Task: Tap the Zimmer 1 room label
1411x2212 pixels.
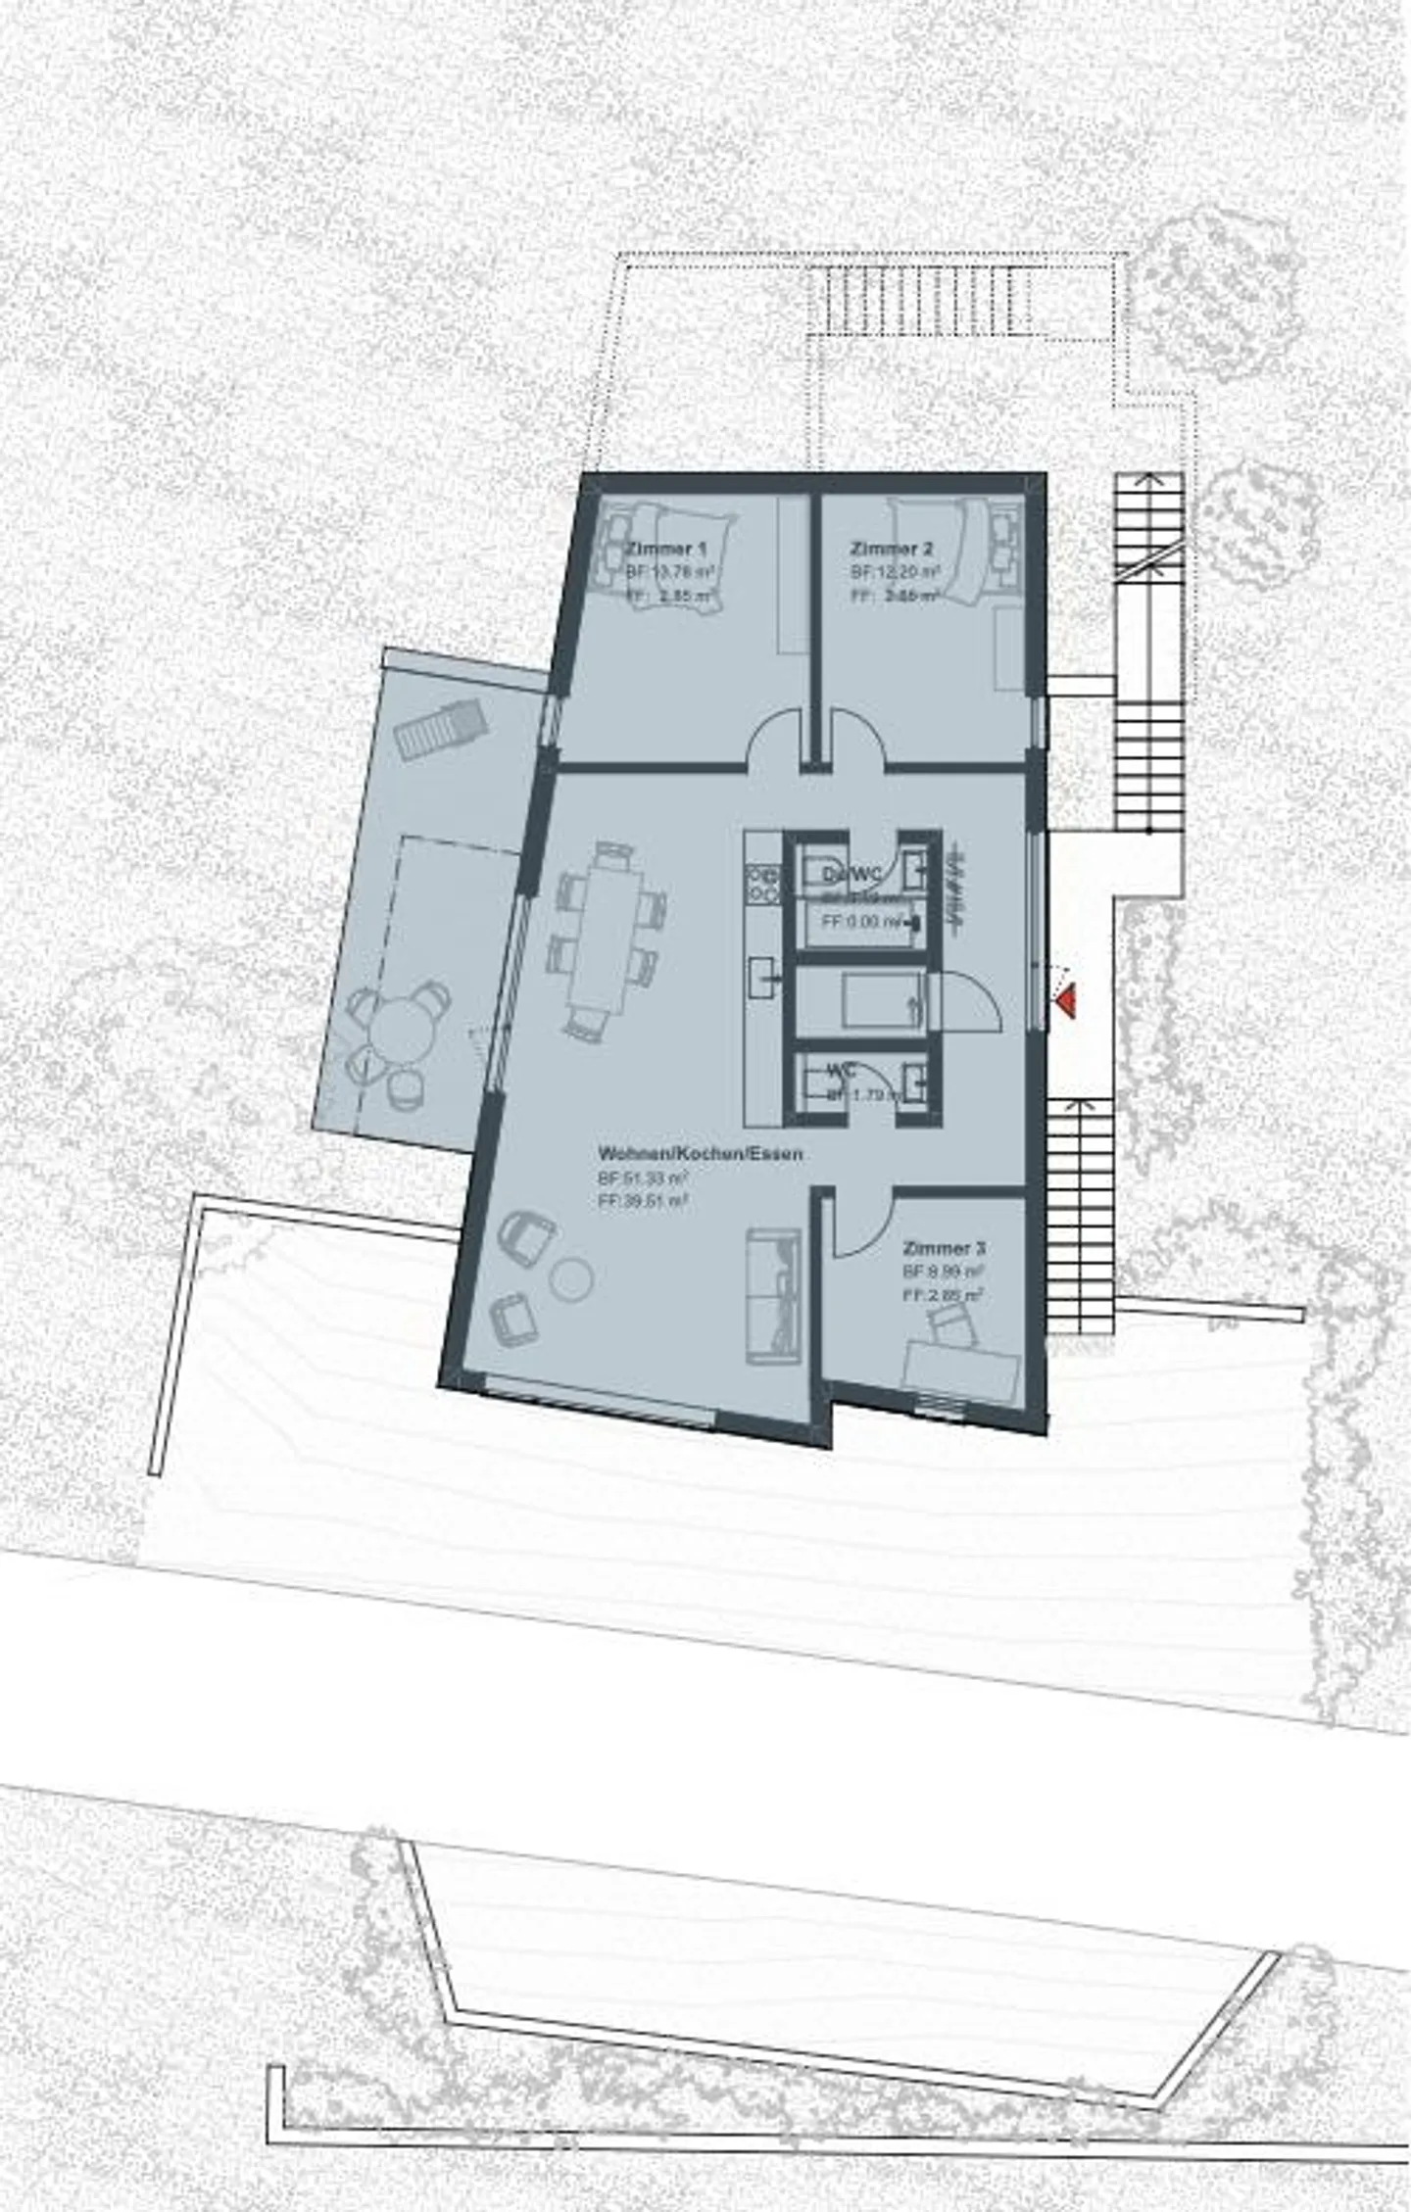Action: point(665,549)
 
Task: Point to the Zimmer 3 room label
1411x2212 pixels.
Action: point(944,1249)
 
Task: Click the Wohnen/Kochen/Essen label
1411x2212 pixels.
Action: point(700,1154)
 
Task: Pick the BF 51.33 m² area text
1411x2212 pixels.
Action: point(642,1178)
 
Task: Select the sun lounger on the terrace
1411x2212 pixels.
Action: point(441,726)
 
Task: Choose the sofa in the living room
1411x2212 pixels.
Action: point(774,1296)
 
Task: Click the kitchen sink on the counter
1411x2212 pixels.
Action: point(762,978)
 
